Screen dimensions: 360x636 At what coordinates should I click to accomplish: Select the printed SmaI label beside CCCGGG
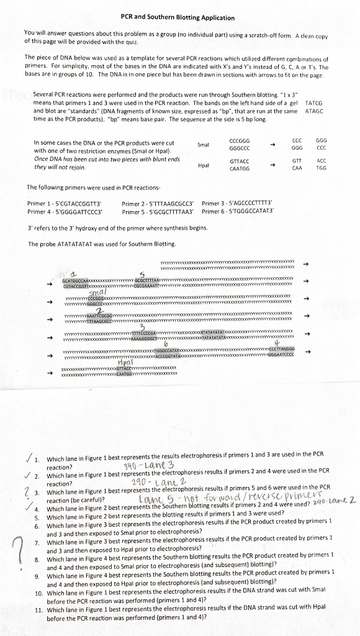203,145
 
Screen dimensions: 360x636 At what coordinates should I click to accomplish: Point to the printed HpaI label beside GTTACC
203,165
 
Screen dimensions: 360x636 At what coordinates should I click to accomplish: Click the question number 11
36,610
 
